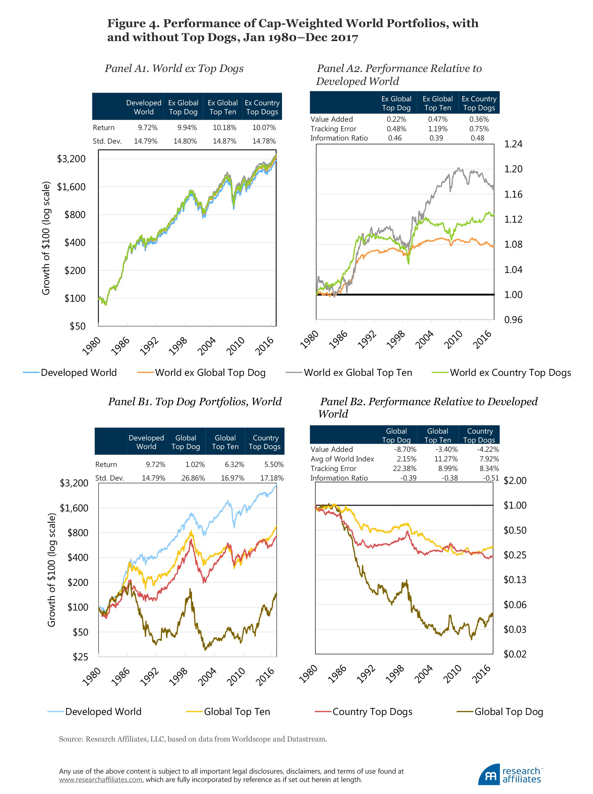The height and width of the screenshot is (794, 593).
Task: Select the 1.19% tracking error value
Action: point(438,128)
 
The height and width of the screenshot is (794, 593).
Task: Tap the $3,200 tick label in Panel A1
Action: point(71,159)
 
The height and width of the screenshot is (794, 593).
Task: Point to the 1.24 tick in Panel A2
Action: point(513,144)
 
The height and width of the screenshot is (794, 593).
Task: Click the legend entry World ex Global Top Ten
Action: point(358,372)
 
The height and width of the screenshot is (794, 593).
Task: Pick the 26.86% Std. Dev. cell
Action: point(193,478)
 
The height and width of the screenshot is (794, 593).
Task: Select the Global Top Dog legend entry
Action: point(508,712)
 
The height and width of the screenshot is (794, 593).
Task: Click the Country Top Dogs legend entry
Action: point(372,712)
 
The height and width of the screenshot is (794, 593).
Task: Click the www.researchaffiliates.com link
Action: point(100,780)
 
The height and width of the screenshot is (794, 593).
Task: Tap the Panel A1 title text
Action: point(174,68)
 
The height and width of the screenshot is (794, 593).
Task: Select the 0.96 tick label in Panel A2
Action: point(513,320)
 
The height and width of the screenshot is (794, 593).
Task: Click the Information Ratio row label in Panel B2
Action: point(339,478)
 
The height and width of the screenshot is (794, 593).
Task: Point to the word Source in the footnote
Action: point(71,739)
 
